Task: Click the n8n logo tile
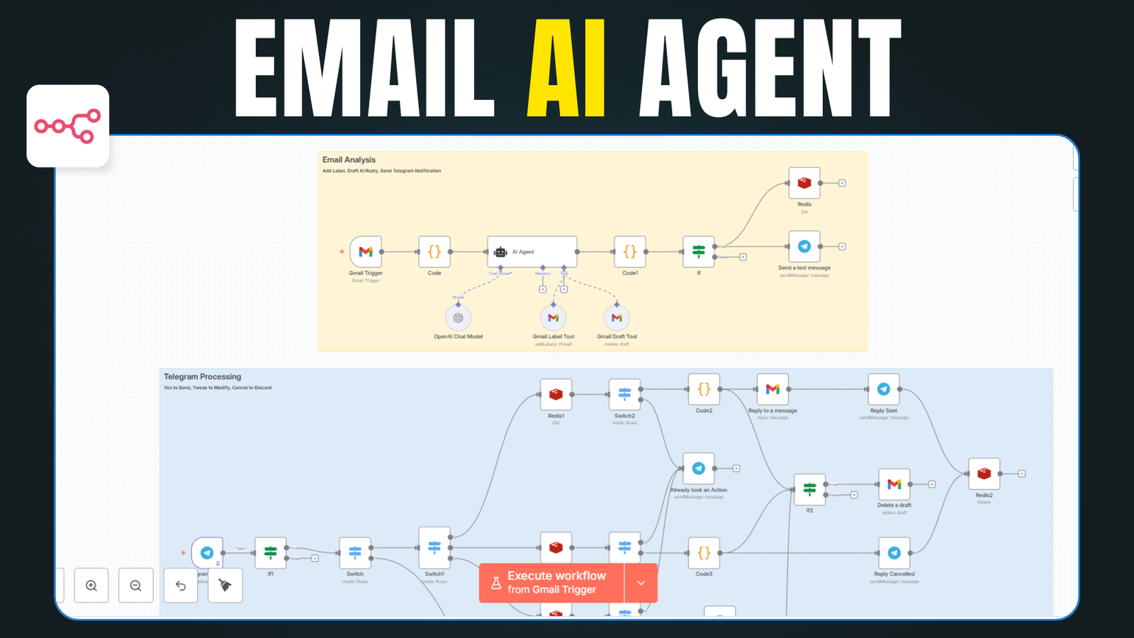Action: point(68,126)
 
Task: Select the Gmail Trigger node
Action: point(366,252)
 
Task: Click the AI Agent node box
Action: point(532,252)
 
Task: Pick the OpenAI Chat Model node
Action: point(458,318)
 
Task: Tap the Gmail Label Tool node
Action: point(554,318)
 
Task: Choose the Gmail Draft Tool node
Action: point(617,318)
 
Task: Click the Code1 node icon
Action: point(630,252)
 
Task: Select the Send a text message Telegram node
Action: point(804,247)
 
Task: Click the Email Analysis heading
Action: point(349,160)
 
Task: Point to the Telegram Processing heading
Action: point(203,377)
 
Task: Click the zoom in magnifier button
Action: point(91,586)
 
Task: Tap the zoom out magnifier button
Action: point(136,586)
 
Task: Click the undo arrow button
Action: point(181,586)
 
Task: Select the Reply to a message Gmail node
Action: point(773,389)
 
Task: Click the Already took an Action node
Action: point(699,469)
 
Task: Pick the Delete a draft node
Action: point(894,484)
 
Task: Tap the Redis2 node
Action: point(984,474)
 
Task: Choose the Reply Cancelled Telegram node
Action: point(894,553)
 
